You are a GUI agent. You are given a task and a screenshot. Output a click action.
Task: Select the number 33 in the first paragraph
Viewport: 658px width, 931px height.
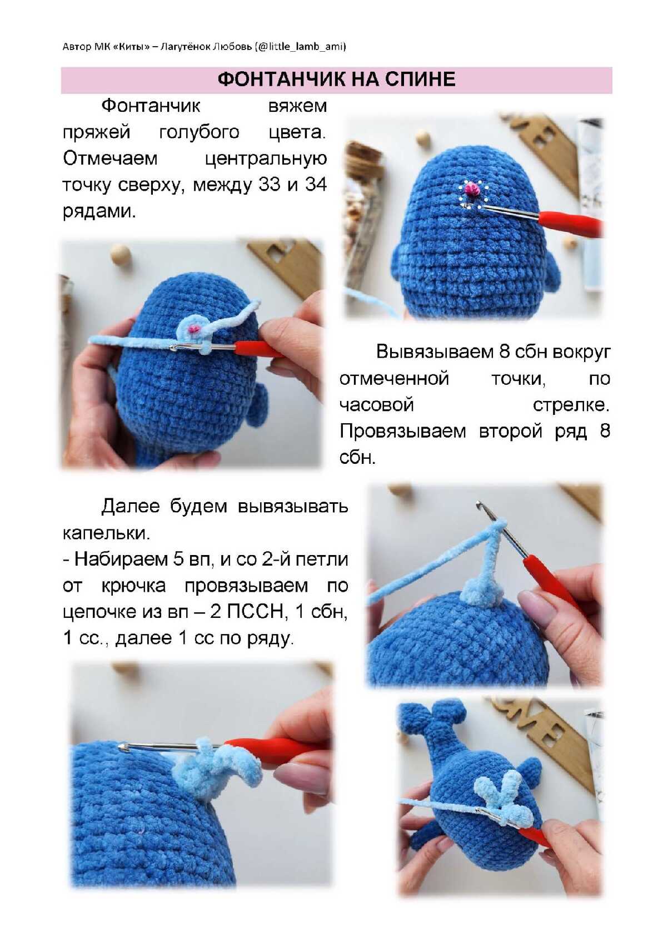coord(269,185)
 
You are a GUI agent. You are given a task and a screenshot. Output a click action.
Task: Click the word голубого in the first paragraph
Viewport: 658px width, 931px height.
coord(200,133)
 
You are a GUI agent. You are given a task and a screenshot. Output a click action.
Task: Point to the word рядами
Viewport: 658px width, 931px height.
coord(99,212)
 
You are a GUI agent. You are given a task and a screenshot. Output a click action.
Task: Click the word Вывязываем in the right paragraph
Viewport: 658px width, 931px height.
coord(435,351)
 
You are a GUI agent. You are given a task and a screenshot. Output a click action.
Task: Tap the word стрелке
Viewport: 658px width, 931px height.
coord(571,405)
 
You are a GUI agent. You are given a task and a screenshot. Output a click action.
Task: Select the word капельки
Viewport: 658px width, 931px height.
coord(106,533)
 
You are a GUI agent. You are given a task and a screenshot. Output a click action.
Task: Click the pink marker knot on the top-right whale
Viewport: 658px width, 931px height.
coord(471,189)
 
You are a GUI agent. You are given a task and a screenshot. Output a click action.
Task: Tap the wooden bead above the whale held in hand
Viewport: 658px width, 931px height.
coord(120,253)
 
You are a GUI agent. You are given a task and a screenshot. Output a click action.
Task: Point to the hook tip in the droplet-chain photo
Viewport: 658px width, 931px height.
coord(479,504)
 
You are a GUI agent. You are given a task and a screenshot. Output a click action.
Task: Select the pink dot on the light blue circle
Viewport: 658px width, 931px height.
coord(193,329)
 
